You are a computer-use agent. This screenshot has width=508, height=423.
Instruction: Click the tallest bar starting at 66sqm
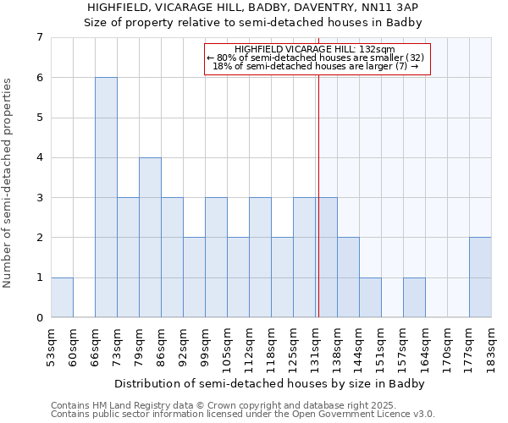[x=106, y=197]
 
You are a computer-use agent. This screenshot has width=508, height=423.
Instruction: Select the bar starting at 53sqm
[x=62, y=297]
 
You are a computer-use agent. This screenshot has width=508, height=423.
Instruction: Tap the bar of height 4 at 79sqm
[x=150, y=237]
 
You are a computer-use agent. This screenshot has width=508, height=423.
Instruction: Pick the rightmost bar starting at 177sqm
[x=480, y=277]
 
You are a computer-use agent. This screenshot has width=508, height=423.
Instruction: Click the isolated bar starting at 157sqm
[x=414, y=297]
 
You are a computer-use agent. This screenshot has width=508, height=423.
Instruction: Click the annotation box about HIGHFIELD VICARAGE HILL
[x=317, y=58]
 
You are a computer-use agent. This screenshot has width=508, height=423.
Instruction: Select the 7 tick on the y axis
[x=39, y=37]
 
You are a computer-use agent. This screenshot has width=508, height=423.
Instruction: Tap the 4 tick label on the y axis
[x=39, y=157]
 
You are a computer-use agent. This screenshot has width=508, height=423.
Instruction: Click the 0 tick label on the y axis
[x=39, y=318]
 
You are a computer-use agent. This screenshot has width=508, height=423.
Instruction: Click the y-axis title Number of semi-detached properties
[x=8, y=183]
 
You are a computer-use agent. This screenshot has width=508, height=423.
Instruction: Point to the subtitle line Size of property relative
[x=252, y=23]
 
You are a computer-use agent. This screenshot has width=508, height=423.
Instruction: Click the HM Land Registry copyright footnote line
[x=200, y=405]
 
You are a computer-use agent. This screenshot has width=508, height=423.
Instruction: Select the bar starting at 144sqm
[x=370, y=297]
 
